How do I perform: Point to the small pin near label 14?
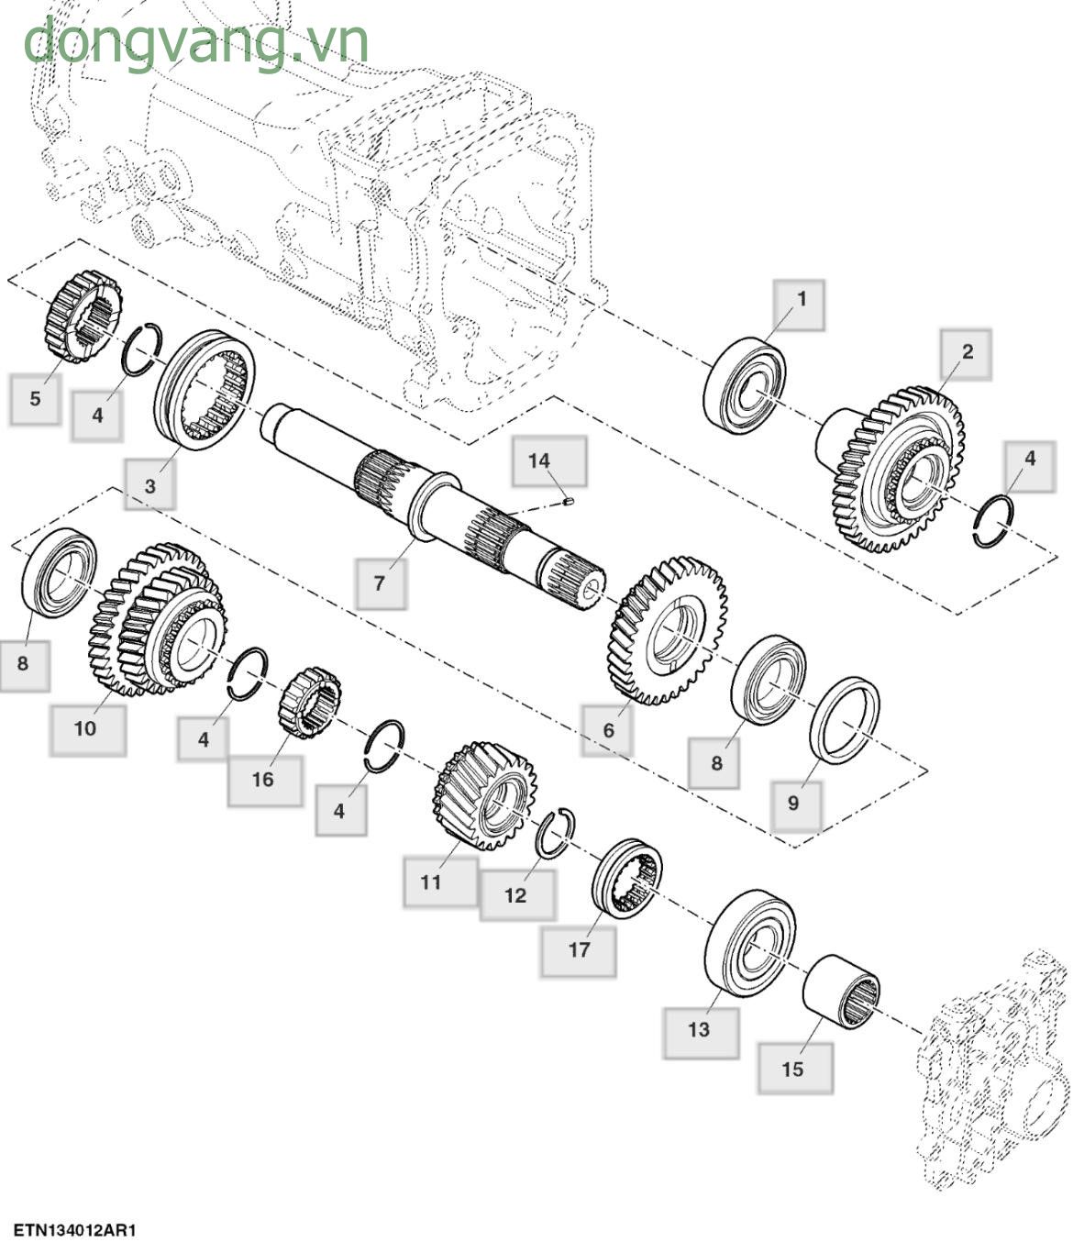(x=568, y=501)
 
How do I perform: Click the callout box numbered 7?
(x=381, y=583)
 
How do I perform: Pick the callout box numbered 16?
(x=264, y=780)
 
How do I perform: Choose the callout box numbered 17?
(x=578, y=950)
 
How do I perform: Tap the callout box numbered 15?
(x=794, y=1069)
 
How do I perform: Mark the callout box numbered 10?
(x=86, y=729)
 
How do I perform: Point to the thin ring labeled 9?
(x=845, y=721)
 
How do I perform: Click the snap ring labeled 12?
(x=555, y=834)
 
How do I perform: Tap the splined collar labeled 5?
(x=83, y=316)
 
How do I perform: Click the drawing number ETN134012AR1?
(x=74, y=1230)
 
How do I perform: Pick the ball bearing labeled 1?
(x=745, y=385)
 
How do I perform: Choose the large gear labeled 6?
(x=667, y=628)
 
